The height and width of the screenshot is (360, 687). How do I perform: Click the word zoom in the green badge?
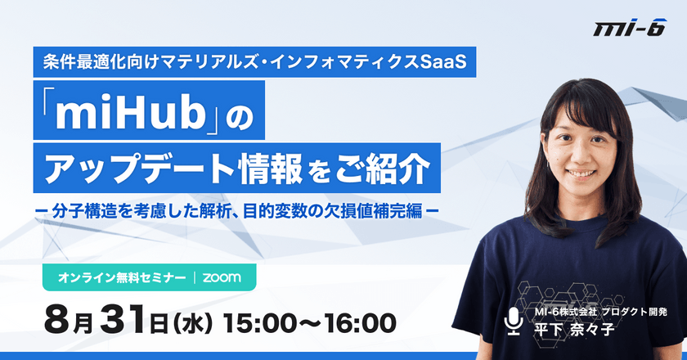(x=222, y=277)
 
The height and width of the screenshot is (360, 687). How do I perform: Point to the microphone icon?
(x=514, y=321)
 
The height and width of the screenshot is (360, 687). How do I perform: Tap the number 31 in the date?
(x=124, y=322)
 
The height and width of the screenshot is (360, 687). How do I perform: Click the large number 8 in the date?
(x=57, y=322)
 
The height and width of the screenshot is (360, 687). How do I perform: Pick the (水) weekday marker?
(x=192, y=324)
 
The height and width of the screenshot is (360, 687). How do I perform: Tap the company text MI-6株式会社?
(x=566, y=312)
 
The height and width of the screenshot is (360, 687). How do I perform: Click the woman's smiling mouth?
(x=580, y=173)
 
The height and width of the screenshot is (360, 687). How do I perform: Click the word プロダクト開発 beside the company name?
(x=635, y=312)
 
